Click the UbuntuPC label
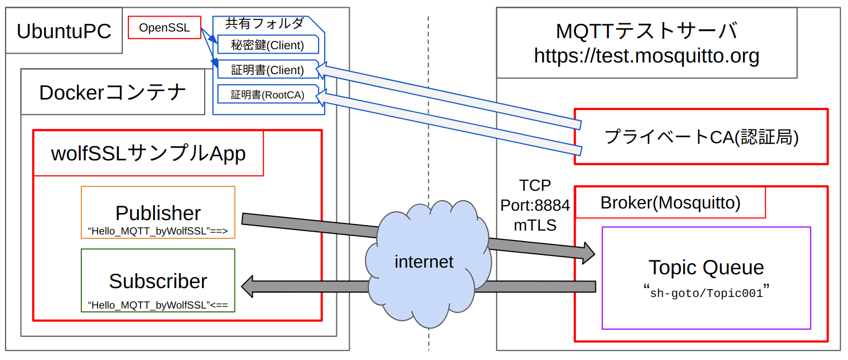(64, 31)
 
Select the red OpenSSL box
(164, 28)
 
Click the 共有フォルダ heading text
(264, 23)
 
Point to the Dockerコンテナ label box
(112, 92)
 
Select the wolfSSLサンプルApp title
(148, 153)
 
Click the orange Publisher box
(158, 212)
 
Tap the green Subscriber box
(158, 280)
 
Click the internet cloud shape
(424, 261)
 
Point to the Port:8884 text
(535, 205)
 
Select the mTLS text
(535, 225)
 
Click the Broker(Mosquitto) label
(670, 203)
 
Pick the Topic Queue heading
(706, 268)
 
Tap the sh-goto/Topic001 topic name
(706, 293)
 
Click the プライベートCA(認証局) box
(701, 137)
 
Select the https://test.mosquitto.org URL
(646, 55)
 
